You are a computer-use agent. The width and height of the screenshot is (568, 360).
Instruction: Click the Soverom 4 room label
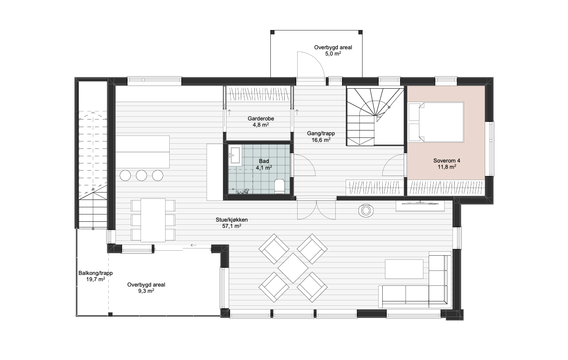click(x=447, y=161)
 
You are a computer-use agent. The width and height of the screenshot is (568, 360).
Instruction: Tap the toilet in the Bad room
click(x=280, y=186)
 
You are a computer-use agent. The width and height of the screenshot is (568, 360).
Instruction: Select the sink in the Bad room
click(x=235, y=155)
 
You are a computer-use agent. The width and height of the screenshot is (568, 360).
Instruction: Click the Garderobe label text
click(x=261, y=119)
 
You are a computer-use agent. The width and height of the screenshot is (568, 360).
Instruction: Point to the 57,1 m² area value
click(x=231, y=226)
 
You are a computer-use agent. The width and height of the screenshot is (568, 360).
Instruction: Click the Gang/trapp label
click(x=321, y=133)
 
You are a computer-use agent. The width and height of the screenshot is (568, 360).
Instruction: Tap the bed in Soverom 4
click(x=436, y=122)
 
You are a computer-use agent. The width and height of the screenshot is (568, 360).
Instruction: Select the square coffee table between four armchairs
click(x=293, y=268)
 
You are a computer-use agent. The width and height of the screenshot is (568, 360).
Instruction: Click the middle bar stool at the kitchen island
click(x=141, y=176)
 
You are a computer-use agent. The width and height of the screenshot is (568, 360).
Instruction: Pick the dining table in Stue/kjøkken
click(x=153, y=220)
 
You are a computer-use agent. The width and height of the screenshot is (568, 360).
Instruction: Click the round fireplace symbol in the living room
click(x=366, y=210)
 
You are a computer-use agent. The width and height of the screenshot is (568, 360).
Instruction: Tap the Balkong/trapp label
click(x=95, y=273)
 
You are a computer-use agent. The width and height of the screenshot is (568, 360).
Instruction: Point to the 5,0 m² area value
click(x=333, y=54)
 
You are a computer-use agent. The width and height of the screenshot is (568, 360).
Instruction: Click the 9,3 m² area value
click(x=146, y=291)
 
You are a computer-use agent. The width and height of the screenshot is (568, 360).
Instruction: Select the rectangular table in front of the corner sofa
click(x=404, y=269)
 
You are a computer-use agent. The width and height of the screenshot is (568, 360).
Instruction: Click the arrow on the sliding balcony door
click(x=193, y=245)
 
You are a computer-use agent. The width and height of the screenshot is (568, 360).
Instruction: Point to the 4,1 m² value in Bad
click(x=264, y=168)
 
